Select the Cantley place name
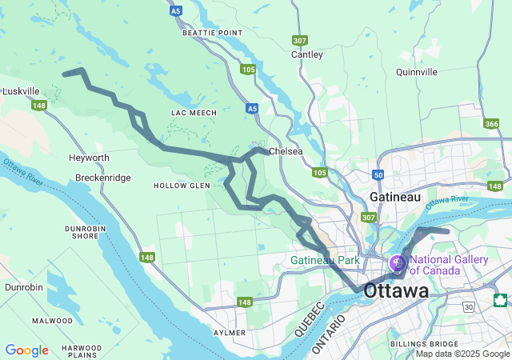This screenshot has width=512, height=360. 307,55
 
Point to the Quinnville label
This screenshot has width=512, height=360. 416,72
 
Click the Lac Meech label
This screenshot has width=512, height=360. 194,113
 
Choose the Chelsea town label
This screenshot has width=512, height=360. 286,151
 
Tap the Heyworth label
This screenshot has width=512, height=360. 89,158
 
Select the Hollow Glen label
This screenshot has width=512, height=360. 182,186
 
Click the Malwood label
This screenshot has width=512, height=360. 53,321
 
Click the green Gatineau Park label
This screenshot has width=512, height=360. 325,261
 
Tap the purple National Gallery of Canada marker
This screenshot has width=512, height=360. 397,262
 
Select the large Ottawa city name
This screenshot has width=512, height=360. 396,292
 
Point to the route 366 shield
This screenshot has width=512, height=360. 491,123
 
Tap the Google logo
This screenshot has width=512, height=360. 26,350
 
